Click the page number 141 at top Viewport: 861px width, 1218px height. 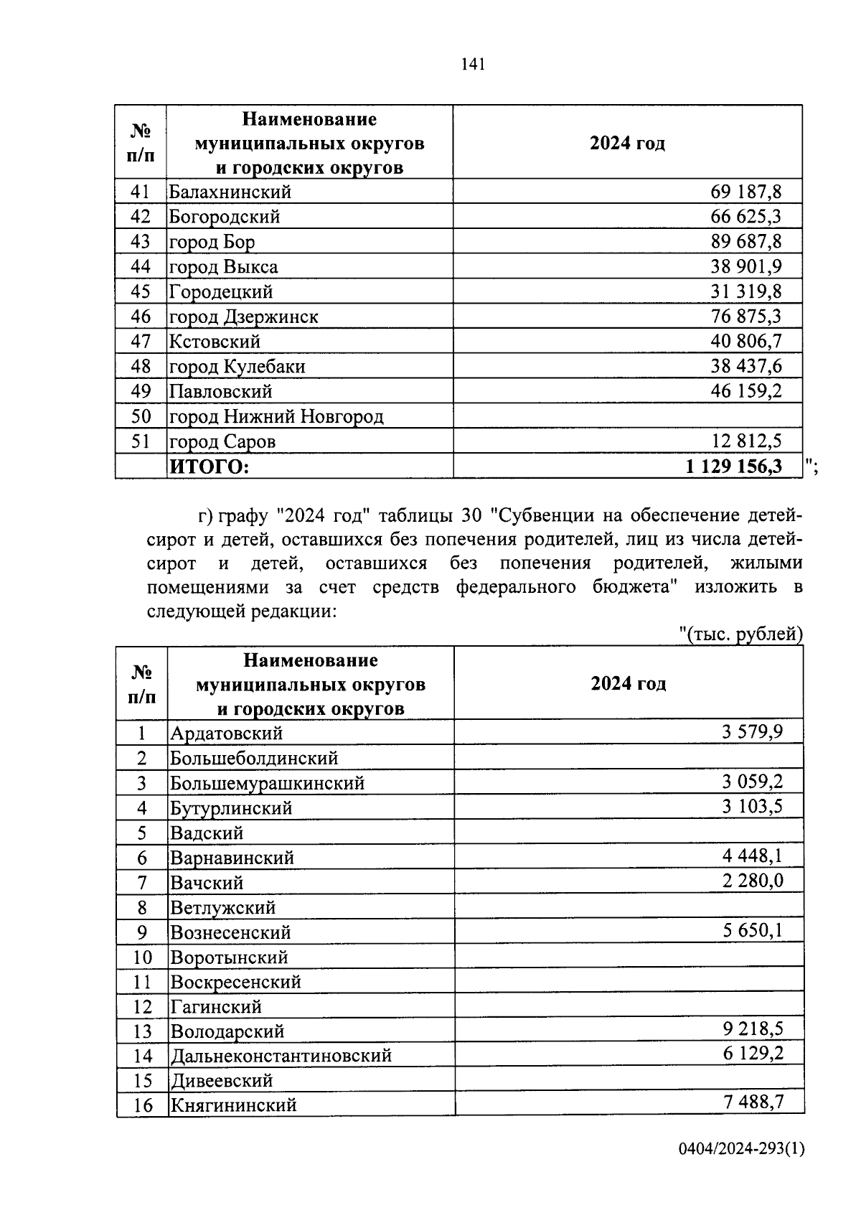pos(474,65)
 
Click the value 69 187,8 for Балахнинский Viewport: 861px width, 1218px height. pos(745,192)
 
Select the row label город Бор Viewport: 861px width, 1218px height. pos(212,242)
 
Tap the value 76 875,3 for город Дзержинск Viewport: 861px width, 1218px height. pos(745,317)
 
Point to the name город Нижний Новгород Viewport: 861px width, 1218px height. pos(276,416)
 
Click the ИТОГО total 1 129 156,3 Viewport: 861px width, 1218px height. pos(733,467)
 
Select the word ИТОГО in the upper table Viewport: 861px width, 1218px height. pos(209,467)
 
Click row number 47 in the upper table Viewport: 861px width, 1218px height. pos(141,342)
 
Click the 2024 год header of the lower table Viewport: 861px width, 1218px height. pos(628,683)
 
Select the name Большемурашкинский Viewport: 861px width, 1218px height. pos(268,783)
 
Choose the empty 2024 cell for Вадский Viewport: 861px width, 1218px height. pos(628,833)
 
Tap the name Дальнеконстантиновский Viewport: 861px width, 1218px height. pos(281,1056)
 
